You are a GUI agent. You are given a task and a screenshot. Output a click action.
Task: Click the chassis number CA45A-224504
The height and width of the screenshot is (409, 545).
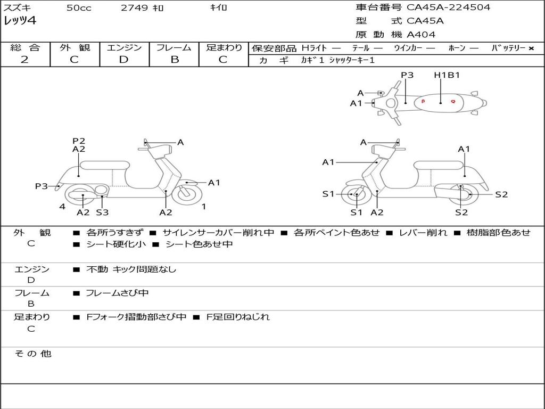(x=449, y=7)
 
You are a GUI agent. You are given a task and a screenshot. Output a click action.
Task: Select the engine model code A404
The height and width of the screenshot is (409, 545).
(x=421, y=35)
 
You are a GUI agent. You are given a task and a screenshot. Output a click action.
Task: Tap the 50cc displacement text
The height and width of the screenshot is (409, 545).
(x=79, y=8)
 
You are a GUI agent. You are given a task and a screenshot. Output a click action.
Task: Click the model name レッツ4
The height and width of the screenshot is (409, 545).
(x=20, y=21)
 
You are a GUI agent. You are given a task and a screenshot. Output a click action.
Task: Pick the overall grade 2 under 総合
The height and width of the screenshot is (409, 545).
(x=24, y=60)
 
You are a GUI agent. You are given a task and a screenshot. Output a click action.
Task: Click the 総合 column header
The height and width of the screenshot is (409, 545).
(x=25, y=48)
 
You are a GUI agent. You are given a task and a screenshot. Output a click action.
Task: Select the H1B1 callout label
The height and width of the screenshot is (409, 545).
(x=447, y=75)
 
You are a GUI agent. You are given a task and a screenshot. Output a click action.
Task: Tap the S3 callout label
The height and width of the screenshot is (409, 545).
(x=102, y=212)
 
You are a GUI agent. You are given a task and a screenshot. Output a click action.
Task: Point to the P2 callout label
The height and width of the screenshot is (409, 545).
(x=79, y=141)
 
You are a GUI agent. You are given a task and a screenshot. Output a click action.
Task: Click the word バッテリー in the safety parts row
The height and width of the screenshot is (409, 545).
(x=508, y=48)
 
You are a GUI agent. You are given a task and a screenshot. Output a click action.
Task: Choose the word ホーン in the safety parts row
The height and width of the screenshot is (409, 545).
(x=457, y=48)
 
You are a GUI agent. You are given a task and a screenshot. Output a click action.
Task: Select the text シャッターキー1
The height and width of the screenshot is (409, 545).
(x=352, y=61)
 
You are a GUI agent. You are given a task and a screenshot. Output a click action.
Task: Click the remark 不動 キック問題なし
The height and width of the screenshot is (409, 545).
(x=131, y=269)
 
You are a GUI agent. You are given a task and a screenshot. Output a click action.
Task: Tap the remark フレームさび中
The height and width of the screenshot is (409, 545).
(x=117, y=293)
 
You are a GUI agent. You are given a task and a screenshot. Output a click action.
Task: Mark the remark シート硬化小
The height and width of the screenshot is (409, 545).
(x=114, y=244)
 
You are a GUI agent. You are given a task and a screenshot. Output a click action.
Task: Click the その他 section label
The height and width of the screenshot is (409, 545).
(x=33, y=354)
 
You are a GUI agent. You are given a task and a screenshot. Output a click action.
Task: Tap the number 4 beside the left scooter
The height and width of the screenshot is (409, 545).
(x=62, y=207)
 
